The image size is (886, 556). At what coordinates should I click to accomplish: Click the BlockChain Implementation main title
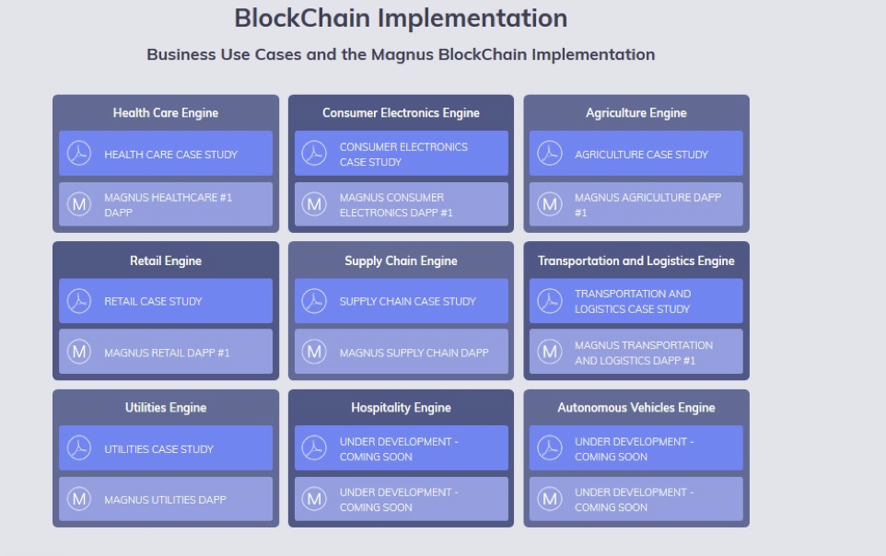[401, 18]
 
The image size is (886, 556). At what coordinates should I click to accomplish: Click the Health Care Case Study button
[166, 153]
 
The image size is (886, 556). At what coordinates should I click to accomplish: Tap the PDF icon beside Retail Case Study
[79, 301]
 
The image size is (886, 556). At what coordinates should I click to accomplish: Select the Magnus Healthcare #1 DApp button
[166, 204]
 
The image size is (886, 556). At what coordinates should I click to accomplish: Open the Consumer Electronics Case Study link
[402, 153]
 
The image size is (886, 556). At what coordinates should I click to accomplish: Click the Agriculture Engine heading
[636, 113]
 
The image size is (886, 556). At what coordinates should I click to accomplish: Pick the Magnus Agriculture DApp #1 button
[636, 204]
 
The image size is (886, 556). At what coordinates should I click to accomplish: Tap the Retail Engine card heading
[166, 261]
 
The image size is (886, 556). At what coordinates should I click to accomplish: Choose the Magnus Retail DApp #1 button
[166, 352]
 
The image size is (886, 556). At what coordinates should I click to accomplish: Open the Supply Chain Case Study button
[402, 301]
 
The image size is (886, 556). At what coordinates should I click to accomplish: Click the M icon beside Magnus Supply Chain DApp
[314, 352]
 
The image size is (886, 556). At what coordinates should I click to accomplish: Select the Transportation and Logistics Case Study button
[636, 301]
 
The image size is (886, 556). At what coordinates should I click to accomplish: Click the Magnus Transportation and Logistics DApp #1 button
[636, 352]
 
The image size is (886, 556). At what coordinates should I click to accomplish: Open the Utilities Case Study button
[166, 448]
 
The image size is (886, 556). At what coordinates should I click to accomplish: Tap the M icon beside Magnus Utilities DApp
[79, 499]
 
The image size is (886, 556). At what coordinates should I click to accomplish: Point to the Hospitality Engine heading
[402, 408]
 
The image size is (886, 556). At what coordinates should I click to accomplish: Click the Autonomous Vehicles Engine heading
[636, 408]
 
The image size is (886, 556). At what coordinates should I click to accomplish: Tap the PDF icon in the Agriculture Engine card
[550, 153]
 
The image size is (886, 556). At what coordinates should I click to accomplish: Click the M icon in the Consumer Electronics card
[314, 204]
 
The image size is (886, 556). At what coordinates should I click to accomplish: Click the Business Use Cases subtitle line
[401, 54]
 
